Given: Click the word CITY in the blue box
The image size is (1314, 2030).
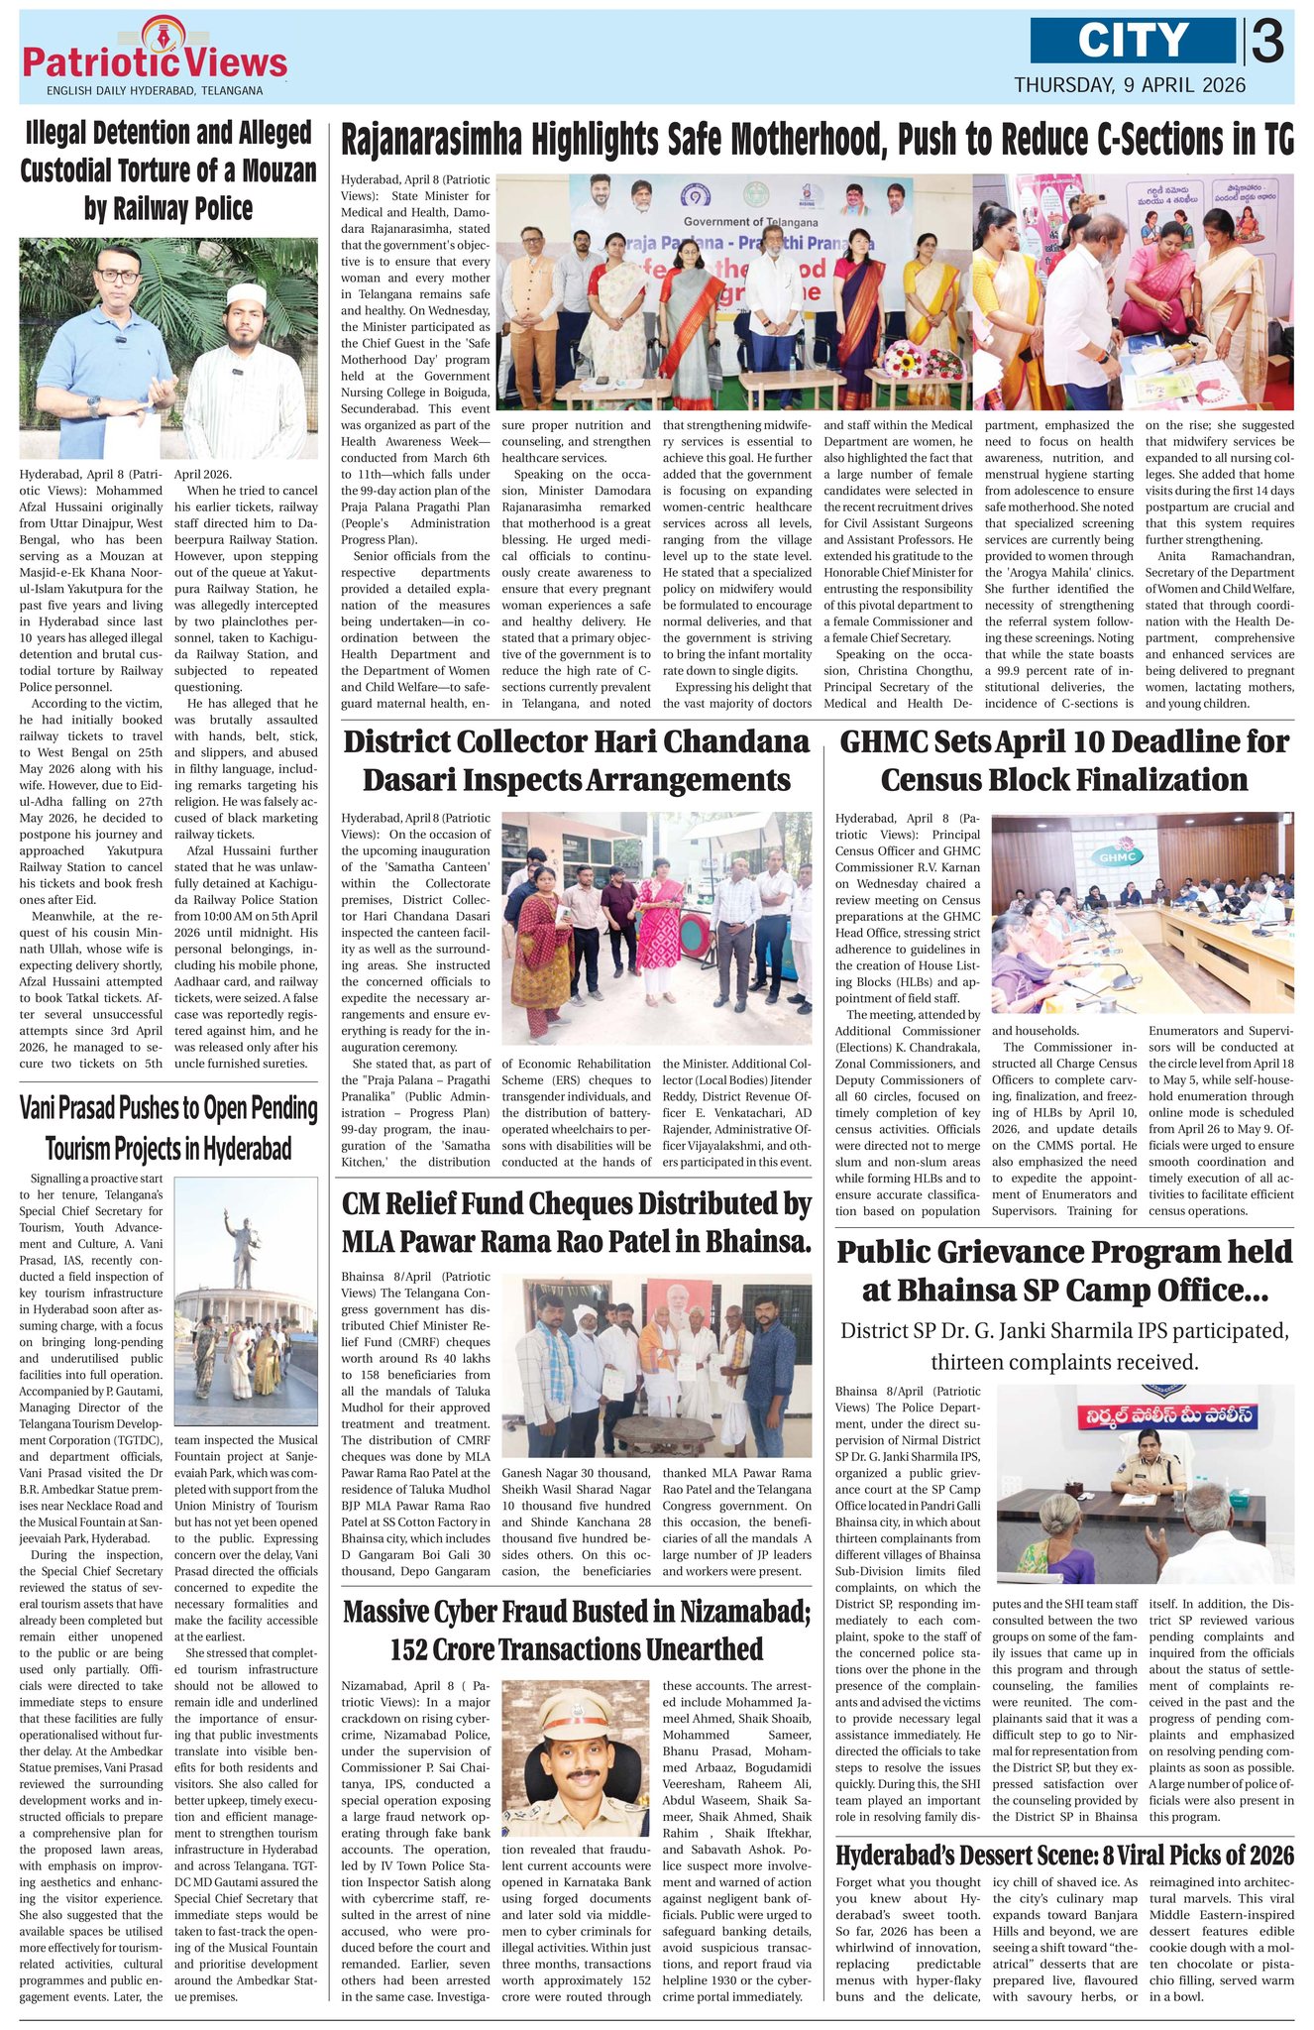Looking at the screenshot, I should pyautogui.click(x=1133, y=41).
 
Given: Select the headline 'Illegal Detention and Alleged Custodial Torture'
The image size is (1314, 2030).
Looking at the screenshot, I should pyautogui.click(x=167, y=170).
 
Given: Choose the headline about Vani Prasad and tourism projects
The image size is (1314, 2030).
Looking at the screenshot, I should pyautogui.click(x=168, y=1128).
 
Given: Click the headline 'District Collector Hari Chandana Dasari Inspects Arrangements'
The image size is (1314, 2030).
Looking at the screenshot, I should pyautogui.click(x=576, y=760).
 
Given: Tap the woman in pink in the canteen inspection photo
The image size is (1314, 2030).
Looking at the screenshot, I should pyautogui.click(x=657, y=918).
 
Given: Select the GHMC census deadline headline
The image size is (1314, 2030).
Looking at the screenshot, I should pyautogui.click(x=1063, y=760).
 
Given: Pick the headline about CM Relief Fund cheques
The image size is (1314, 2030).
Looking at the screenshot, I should pyautogui.click(x=576, y=1222).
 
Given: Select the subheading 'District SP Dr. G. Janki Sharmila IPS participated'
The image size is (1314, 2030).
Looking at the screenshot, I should pyautogui.click(x=1063, y=1345).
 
